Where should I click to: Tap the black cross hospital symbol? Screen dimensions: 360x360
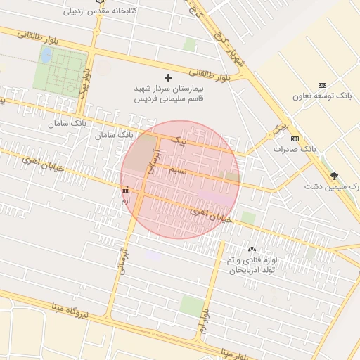pos(167,77)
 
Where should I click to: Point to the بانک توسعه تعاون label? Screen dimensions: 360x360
pos(322,95)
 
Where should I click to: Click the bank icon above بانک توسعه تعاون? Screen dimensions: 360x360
pos(322,84)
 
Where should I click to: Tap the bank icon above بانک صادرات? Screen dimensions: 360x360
pos(295,138)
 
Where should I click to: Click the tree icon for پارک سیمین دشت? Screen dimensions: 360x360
pos(333,176)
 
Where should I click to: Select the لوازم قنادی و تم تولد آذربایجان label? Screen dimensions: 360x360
pos(251,266)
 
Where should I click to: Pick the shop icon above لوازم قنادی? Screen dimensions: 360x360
pos(251,250)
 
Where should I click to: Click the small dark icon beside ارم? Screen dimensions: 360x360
pos(126,191)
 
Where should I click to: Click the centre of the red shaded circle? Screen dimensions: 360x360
pos(180,179)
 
